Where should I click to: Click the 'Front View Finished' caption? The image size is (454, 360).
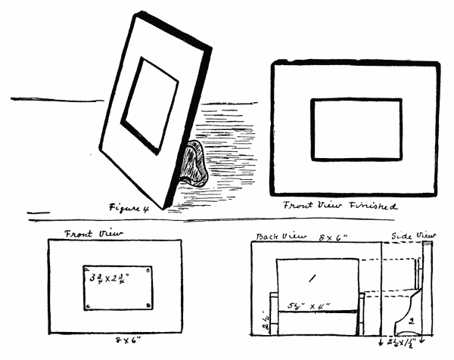(340, 205)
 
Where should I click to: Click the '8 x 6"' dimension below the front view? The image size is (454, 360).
(115, 343)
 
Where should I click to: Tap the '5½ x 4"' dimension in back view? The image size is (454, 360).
(310, 306)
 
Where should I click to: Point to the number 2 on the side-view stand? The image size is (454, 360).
(412, 321)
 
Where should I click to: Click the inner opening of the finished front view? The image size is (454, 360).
(356, 129)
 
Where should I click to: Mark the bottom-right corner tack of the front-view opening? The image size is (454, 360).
(148, 306)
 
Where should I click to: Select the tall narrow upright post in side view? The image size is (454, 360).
(428, 287)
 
